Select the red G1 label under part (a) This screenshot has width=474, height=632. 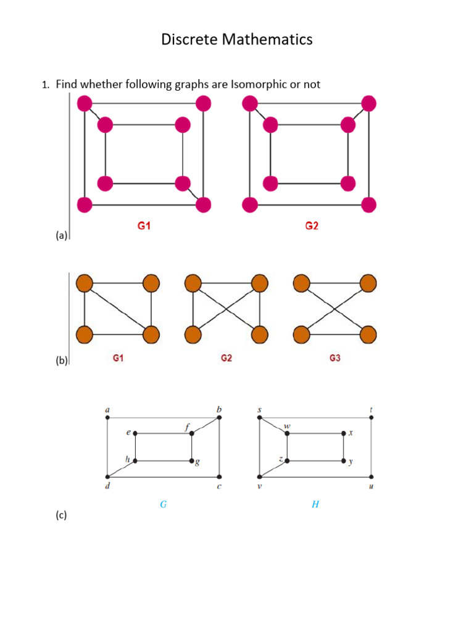click(144, 227)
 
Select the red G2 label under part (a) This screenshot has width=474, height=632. click(312, 227)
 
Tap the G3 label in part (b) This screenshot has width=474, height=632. click(335, 358)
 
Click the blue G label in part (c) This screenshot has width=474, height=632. click(163, 505)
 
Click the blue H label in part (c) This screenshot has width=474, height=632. click(315, 505)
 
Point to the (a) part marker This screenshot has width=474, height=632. click(60, 235)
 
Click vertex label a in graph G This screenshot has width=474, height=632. click(108, 409)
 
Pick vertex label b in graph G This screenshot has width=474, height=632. click(218, 409)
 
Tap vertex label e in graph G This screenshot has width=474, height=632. click(128, 433)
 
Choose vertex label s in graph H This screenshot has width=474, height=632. click(260, 409)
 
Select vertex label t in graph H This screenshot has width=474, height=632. click(372, 409)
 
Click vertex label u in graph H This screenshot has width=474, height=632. click(371, 487)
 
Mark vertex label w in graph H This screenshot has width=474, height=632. click(287, 426)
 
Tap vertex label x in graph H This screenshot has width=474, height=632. click(350, 433)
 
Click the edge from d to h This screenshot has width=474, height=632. click(122, 469)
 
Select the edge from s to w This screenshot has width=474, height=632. click(273, 426)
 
